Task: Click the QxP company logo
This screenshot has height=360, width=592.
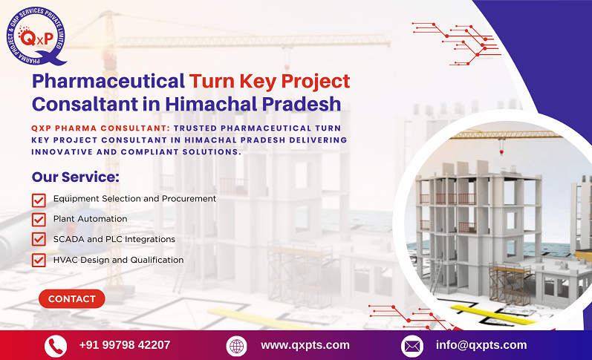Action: [x=34, y=36]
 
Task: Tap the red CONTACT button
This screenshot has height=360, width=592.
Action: [x=71, y=298]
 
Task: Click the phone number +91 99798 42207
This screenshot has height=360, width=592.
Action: [x=125, y=345]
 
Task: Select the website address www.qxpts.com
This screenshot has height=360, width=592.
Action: [x=305, y=345]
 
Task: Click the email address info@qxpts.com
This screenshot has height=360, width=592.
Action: [x=481, y=345]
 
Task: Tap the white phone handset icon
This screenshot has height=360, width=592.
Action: [x=55, y=346]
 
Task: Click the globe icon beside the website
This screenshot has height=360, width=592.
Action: [x=236, y=346]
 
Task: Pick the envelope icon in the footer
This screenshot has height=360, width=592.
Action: [x=412, y=346]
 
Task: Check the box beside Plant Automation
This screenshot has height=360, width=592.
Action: [x=39, y=220]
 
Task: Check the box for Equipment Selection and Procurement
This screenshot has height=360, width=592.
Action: [x=39, y=200]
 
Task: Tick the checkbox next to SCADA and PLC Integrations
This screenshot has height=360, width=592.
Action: [x=39, y=240]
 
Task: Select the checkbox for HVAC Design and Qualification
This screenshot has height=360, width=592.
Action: [x=39, y=260]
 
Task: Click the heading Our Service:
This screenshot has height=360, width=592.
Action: [x=75, y=177]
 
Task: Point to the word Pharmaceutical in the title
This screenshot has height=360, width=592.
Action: [x=108, y=80]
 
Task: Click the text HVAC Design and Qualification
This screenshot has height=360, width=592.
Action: [x=118, y=260]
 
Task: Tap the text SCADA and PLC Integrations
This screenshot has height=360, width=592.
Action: [x=114, y=240]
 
